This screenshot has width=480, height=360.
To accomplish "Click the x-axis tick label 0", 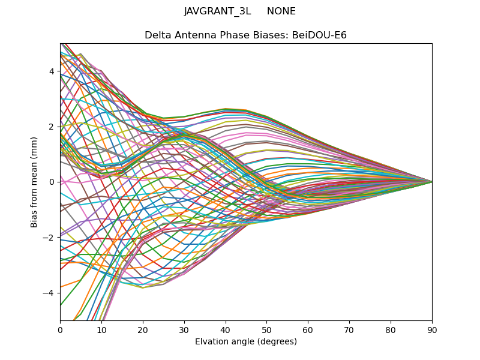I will click(60, 330).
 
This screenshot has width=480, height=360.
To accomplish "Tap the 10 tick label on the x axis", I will click(101, 330).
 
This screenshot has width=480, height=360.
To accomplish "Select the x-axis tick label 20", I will click(143, 330).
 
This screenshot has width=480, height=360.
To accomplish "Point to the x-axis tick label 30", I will click(184, 330).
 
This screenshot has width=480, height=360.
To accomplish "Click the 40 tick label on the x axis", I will click(226, 330).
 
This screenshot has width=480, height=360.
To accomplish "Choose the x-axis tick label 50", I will click(266, 330).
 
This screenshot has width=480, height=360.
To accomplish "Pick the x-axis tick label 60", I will click(308, 330).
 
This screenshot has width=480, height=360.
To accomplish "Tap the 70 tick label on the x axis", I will click(349, 330).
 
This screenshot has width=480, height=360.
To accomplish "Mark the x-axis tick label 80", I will click(391, 330).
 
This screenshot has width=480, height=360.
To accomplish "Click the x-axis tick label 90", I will click(432, 330).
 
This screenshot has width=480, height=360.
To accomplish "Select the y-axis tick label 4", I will click(52, 71).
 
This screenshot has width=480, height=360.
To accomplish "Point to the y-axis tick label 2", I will click(52, 127).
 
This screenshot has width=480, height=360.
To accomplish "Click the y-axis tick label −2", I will click(49, 237).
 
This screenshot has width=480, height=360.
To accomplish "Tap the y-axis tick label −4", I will click(49, 293).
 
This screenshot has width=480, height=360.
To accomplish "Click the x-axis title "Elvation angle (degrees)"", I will click(246, 342).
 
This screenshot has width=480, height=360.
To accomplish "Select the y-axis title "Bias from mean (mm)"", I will click(35, 182).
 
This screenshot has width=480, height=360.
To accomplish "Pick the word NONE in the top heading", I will click(281, 11).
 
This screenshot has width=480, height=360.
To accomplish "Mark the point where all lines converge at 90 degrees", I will click(432, 182).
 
